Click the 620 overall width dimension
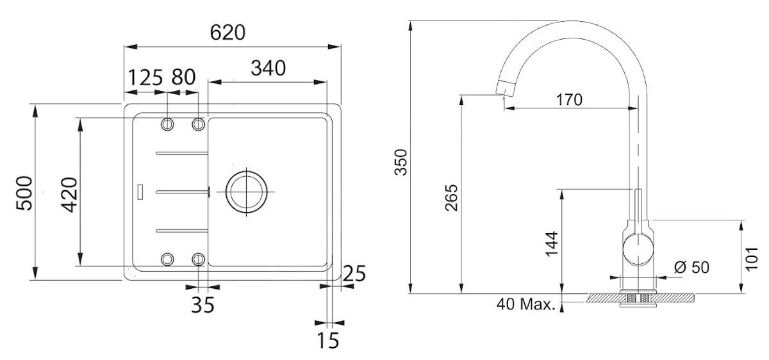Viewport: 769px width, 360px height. [228, 32]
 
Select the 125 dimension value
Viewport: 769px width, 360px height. [145, 78]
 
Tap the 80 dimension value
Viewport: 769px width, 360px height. [183, 78]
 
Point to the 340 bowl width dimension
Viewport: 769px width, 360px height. [268, 68]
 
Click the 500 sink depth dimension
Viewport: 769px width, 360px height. [24, 192]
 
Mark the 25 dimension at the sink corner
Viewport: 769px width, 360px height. [353, 274]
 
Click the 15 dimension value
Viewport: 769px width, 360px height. [327, 341]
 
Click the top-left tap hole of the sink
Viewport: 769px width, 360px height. [168, 124]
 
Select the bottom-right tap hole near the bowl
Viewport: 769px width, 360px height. [199, 259]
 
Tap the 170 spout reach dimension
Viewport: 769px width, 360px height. [569, 100]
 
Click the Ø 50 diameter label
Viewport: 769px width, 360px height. [692, 268]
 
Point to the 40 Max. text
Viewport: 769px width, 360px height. [525, 304]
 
